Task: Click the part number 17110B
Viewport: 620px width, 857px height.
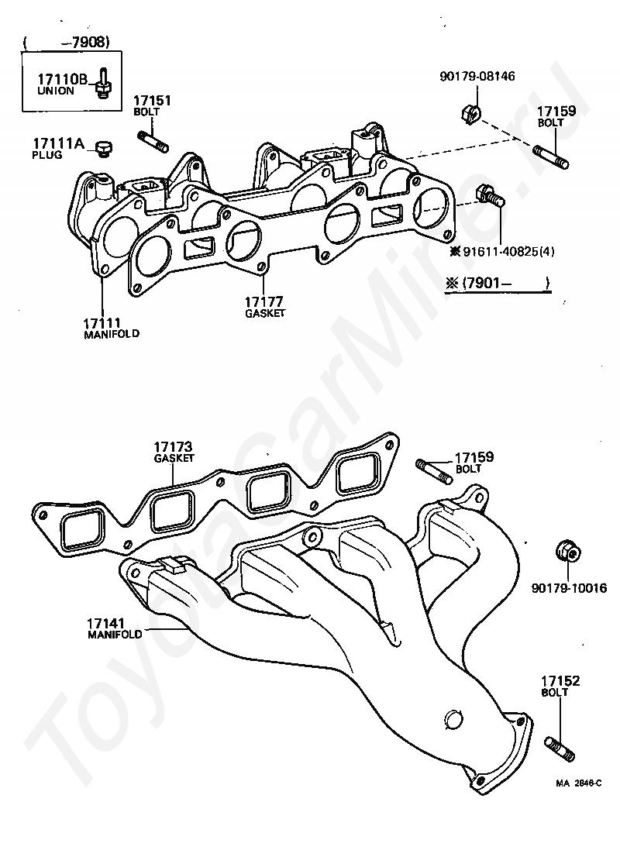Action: click(62, 79)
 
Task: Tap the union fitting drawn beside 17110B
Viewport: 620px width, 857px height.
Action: click(102, 84)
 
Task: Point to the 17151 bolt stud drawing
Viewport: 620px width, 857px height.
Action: click(155, 141)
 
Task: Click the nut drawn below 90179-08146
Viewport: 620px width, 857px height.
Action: click(470, 112)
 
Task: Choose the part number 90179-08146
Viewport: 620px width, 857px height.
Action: click(477, 76)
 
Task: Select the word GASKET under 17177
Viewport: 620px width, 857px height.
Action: click(265, 313)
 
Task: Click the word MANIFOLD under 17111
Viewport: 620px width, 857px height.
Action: click(112, 333)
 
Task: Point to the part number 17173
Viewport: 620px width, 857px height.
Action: click(174, 448)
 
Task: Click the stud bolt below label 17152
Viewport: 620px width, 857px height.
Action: click(560, 749)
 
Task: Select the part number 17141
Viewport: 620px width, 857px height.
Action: click(105, 623)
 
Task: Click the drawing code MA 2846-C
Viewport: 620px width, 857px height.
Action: click(579, 783)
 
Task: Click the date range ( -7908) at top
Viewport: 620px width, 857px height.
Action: click(67, 42)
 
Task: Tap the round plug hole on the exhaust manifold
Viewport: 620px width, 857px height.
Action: click(453, 719)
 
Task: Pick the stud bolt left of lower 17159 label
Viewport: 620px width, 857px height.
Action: click(435, 472)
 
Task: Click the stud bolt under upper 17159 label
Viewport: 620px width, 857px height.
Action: click(550, 156)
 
